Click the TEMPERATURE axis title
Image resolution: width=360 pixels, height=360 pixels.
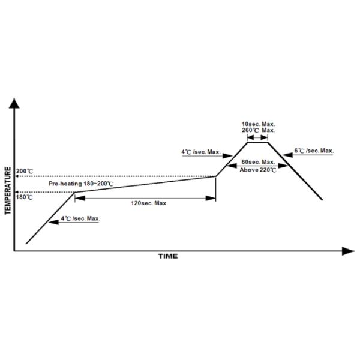8,191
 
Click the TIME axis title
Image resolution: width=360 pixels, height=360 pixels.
168,256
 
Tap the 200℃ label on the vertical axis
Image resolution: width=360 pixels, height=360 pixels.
25,171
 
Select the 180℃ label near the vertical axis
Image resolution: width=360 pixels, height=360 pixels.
25,197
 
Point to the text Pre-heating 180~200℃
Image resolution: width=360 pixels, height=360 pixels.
81,184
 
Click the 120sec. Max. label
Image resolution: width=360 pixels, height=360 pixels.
149,203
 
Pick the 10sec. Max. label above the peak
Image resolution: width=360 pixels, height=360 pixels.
258,124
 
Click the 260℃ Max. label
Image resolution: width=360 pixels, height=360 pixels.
258,130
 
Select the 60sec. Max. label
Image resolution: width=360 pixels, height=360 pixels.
258,162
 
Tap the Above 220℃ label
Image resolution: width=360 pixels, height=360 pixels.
258,170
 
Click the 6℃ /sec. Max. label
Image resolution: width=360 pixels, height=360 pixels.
314,151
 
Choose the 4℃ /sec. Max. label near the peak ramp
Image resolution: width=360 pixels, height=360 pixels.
201,152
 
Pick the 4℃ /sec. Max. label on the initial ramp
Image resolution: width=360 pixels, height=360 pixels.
80,218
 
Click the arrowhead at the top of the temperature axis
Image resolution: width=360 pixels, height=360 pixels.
14,103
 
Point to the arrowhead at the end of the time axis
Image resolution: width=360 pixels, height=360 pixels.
349,251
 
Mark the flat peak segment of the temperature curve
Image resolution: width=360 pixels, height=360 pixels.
257,143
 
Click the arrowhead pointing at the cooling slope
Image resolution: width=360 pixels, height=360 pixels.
287,155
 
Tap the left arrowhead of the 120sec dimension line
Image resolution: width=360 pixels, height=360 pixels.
80,198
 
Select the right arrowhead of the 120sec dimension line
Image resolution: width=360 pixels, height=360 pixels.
211,198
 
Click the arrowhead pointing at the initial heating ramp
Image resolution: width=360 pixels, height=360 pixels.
54,222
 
